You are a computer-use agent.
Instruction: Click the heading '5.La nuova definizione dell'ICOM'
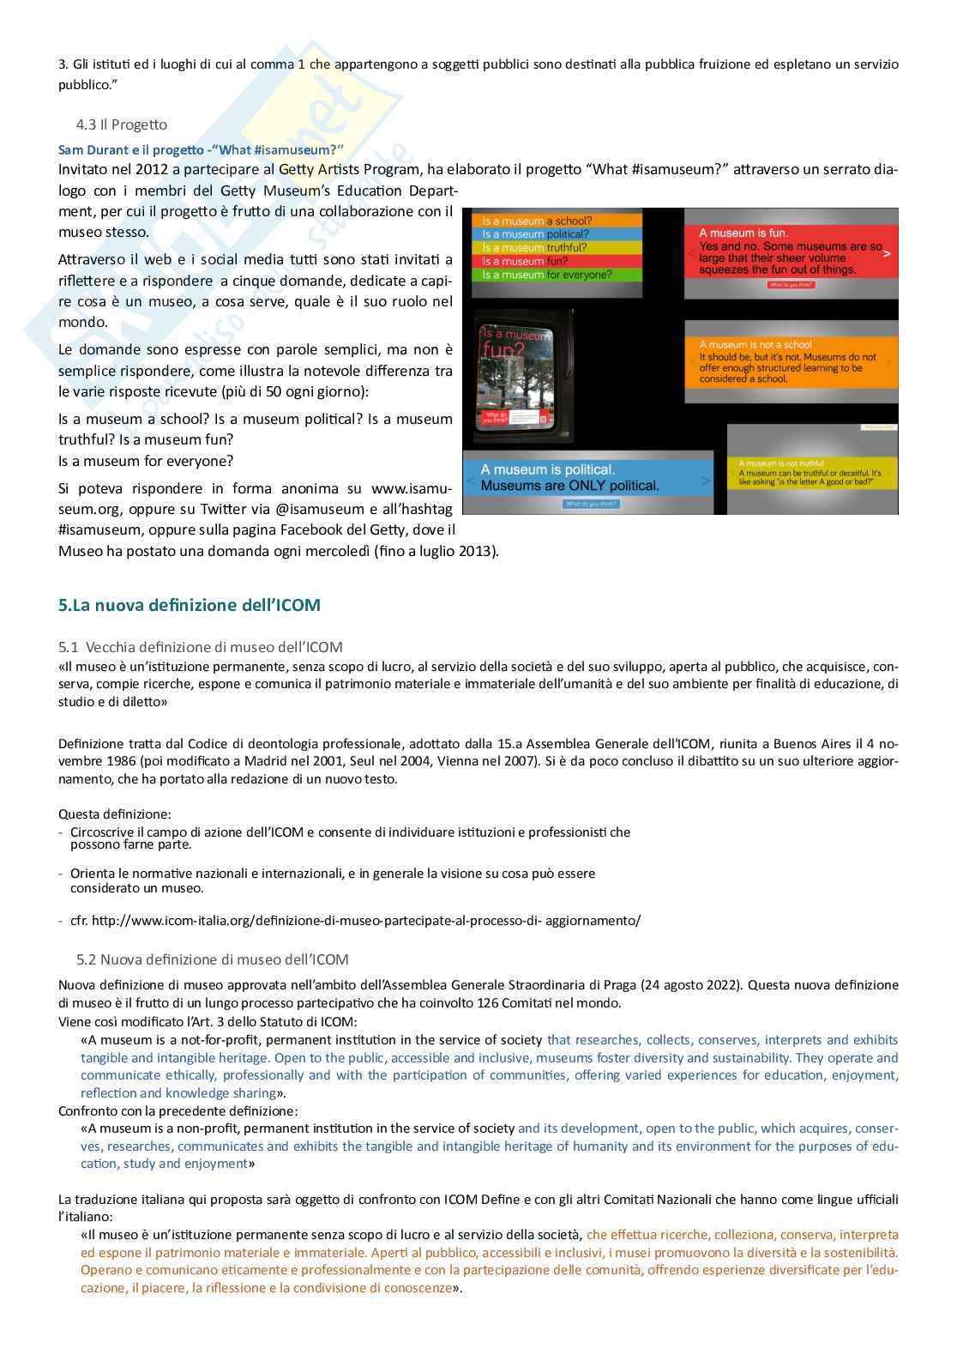point(189,605)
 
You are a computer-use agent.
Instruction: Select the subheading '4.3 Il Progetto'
point(121,124)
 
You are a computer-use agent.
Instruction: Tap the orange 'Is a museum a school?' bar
point(557,221)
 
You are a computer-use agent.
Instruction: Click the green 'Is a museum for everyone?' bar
point(557,275)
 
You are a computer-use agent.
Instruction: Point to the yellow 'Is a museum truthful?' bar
point(557,247)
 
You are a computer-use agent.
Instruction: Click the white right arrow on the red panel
point(887,253)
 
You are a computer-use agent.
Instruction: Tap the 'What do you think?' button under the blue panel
point(591,504)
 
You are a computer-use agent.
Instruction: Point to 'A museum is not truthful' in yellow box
point(781,463)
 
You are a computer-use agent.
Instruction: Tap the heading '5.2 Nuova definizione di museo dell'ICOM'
point(212,959)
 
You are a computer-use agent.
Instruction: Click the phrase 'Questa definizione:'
point(114,814)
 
